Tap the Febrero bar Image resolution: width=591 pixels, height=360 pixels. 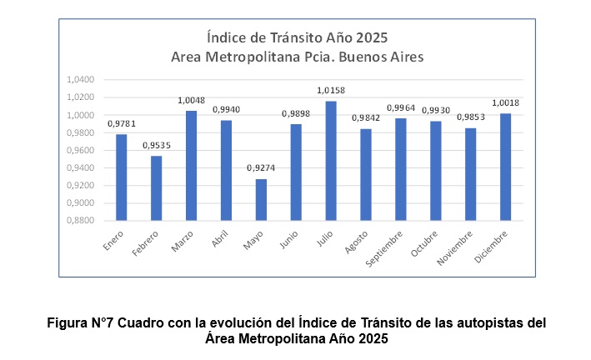tap(157, 188)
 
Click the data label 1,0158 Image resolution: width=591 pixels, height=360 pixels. tap(331, 90)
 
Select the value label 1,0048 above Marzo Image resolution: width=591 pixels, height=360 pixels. tap(192, 100)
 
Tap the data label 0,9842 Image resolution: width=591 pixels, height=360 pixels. tap(366, 117)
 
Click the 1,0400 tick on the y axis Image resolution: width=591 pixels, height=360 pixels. tap(81, 80)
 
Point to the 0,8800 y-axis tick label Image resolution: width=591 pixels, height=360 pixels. tap(81, 221)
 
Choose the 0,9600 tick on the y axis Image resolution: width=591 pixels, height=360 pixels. tap(81, 150)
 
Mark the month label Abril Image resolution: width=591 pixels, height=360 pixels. tap(220, 239)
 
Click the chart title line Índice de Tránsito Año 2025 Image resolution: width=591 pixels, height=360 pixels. tap(298, 37)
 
